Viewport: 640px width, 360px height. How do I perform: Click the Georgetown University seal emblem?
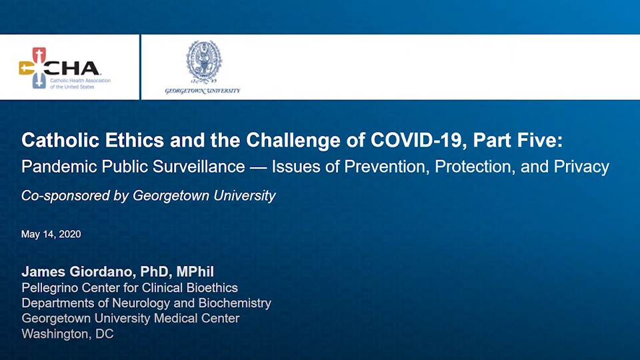[204, 62]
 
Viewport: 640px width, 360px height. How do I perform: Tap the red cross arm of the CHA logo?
[39, 55]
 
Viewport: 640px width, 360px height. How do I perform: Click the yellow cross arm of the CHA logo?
[27, 68]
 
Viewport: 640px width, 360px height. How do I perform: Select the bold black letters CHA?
[72, 68]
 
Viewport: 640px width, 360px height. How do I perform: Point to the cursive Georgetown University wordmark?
[203, 91]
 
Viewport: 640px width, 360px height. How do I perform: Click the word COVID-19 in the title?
[418, 141]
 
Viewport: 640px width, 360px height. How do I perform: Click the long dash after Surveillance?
[259, 167]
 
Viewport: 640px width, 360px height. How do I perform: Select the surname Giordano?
[103, 271]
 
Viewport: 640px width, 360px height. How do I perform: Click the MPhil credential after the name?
[195, 271]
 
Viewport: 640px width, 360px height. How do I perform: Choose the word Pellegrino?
[50, 288]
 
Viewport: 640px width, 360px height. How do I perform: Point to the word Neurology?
[141, 303]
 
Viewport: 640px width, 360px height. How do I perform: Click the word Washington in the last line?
[56, 334]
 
